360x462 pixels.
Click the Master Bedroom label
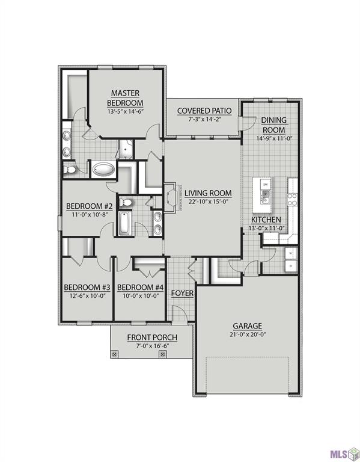[126, 97]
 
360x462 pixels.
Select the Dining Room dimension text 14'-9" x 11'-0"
[273, 138]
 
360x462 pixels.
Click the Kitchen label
[266, 220]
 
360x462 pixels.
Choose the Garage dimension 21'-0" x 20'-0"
[247, 334]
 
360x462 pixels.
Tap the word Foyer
[182, 293]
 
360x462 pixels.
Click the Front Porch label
[148, 337]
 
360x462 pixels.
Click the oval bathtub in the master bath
[105, 170]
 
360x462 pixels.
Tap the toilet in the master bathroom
[70, 170]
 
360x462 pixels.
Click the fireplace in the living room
[171, 196]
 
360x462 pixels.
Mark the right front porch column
[162, 355]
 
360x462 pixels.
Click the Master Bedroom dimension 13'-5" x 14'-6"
[126, 112]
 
